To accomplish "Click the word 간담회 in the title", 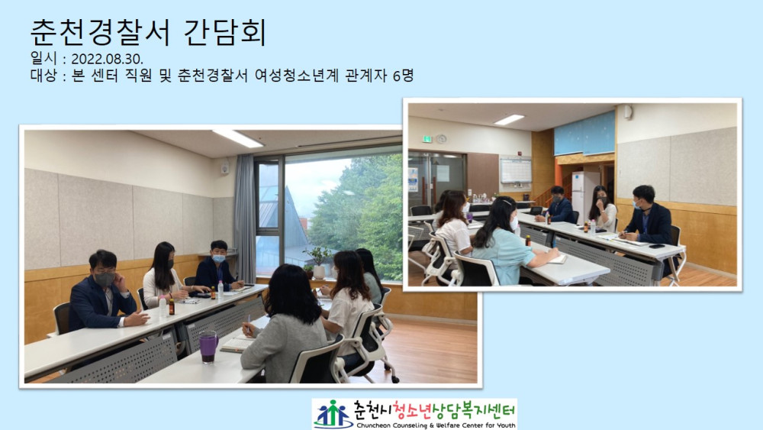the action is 225,32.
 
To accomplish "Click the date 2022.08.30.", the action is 107,59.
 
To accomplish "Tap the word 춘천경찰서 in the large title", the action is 100,32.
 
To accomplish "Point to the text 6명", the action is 403,75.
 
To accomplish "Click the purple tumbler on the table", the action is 208,347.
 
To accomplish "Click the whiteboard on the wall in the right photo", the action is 515,170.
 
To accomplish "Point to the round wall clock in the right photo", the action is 441,139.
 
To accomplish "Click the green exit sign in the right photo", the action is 427,139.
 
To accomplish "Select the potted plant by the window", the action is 319,263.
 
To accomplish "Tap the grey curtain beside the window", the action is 245,218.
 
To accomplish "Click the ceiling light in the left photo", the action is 237,138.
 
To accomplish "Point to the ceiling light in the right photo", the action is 509,119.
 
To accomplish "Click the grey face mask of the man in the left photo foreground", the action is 105,279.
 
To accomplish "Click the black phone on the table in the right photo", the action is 658,246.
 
